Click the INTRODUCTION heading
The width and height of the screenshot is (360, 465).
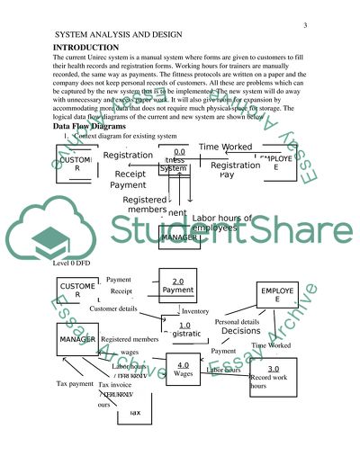[86, 47]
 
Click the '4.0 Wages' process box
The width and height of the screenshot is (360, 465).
[183, 370]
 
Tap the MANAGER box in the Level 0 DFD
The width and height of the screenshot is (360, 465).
[77, 338]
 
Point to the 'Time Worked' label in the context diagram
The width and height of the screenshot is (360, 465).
[225, 147]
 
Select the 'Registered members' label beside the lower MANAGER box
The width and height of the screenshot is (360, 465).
[130, 339]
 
